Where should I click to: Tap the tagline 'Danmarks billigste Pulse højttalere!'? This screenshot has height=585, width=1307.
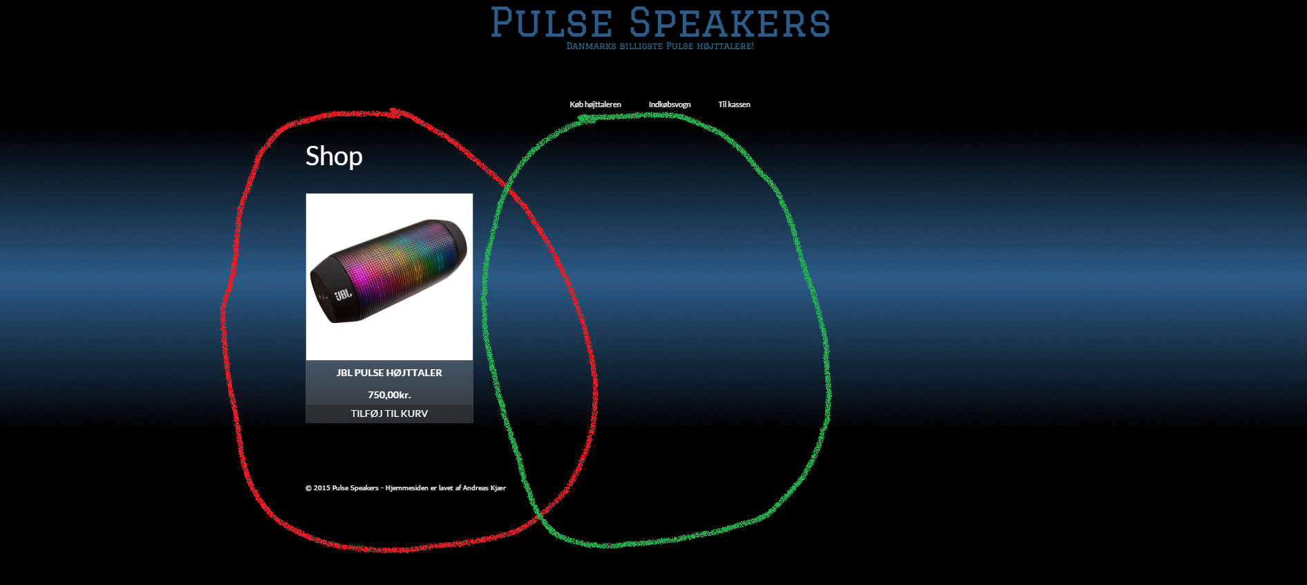coord(660,46)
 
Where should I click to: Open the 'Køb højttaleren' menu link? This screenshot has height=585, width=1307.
coord(595,104)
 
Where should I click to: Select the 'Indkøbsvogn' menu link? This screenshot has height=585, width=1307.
coord(670,104)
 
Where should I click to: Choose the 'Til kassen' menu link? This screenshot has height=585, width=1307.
coord(734,104)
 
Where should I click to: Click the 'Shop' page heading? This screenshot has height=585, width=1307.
coord(334,156)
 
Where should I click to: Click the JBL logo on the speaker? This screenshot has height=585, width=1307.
coord(343,295)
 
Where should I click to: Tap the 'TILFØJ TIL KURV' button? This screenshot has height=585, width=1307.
coord(389,414)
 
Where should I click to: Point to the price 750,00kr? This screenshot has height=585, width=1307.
coord(389,395)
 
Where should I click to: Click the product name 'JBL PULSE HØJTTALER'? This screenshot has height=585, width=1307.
coord(389,373)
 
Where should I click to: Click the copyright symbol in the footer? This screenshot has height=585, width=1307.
coord(309,488)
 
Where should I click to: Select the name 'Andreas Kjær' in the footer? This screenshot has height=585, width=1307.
coord(485,488)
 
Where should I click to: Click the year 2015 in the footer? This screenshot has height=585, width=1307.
coord(322,488)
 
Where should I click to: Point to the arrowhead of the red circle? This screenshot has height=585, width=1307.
coord(395,112)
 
